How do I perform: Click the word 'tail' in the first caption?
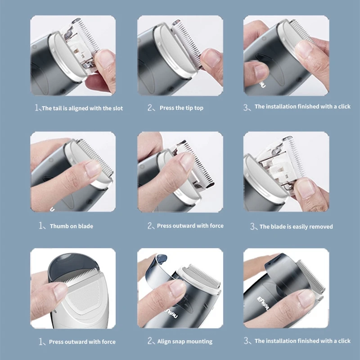[57, 108]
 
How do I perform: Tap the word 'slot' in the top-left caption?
[118, 108]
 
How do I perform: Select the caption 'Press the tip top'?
[181, 108]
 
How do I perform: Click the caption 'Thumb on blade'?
[72, 226]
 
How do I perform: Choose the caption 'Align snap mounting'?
[185, 342]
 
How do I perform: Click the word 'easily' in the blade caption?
[301, 227]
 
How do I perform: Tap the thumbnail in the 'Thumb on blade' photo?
[93, 168]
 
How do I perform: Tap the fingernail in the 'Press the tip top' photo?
[211, 58]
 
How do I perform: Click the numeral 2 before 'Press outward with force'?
[150, 226]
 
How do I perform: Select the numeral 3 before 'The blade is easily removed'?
[252, 226]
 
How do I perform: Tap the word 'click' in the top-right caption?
[344, 107]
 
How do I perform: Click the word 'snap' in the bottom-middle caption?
[179, 342]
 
